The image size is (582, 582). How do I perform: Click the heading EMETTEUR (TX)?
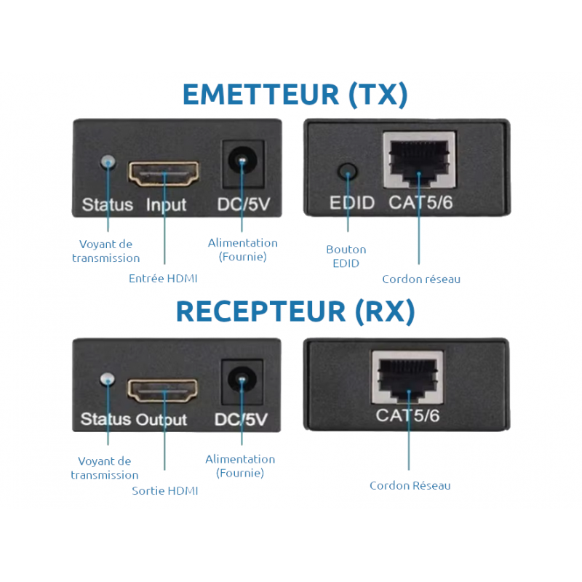[x=295, y=95]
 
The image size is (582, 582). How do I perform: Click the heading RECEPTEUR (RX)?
[x=295, y=311]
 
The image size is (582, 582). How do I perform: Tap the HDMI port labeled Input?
[x=164, y=173]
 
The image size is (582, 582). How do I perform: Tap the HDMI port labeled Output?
[x=164, y=391]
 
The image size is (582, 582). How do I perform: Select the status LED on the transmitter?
[x=109, y=161]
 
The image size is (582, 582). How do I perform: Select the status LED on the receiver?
[x=108, y=379]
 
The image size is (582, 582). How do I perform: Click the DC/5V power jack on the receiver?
[x=240, y=379]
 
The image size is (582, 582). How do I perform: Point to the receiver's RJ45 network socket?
[x=408, y=376]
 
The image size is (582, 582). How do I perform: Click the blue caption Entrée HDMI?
[x=163, y=279]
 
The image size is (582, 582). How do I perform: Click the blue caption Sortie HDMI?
[x=165, y=491]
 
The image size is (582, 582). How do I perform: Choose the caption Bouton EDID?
[x=346, y=256]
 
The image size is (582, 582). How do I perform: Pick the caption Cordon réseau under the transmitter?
[x=421, y=279]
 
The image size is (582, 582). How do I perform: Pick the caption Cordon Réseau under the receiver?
[x=410, y=485]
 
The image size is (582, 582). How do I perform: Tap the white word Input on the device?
[x=166, y=205]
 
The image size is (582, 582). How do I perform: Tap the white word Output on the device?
[x=161, y=420]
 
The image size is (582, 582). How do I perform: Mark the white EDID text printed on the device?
[x=352, y=202]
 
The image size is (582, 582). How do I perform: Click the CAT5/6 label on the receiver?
[x=407, y=415]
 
